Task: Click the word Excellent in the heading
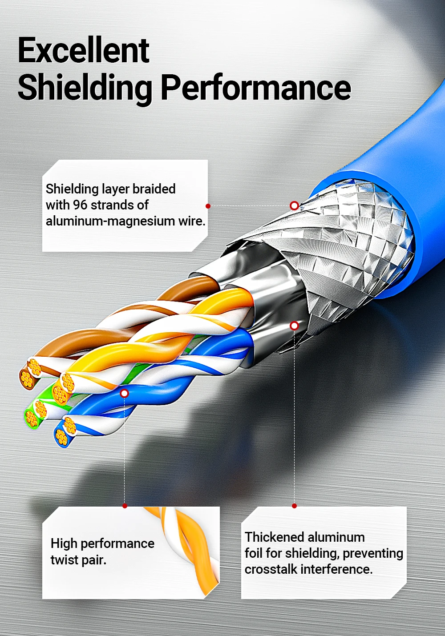(x=84, y=50)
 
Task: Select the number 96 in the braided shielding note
(x=80, y=205)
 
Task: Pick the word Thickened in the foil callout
(x=275, y=537)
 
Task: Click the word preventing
(x=373, y=553)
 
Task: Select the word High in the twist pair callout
(x=64, y=543)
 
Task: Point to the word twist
(x=65, y=560)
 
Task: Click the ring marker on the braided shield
(x=295, y=205)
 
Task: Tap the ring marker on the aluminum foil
(x=295, y=326)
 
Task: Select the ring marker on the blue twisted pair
(x=125, y=393)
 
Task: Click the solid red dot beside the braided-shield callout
(x=208, y=206)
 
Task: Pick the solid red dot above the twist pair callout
(x=125, y=506)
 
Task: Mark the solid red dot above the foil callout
(x=295, y=506)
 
